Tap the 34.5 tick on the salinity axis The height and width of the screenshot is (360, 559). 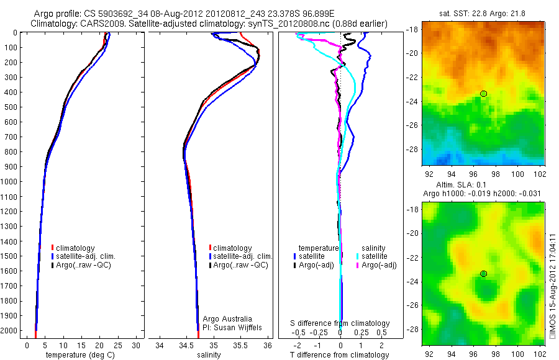click(186, 345)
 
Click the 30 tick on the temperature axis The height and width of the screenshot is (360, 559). click(137, 345)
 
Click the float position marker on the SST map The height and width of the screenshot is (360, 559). click(483, 94)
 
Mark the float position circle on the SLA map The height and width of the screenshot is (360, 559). click(483, 274)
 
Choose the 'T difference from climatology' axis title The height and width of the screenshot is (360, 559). click(340, 355)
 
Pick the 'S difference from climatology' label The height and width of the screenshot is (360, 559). click(340, 324)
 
